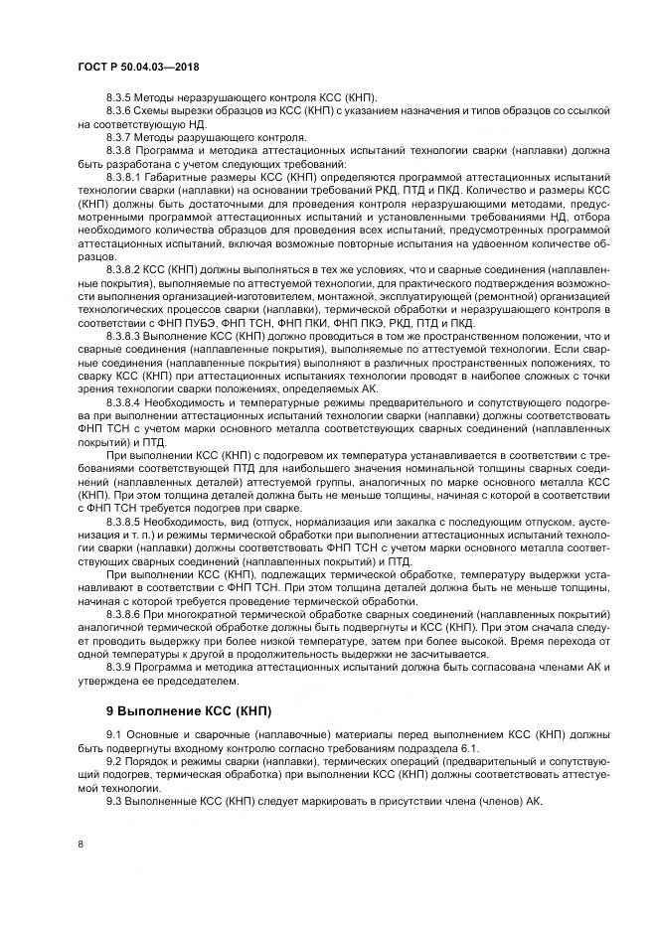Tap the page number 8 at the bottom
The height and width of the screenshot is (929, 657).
click(x=81, y=844)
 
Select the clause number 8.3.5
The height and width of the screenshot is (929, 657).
click(x=118, y=97)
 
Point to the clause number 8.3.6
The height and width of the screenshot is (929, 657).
click(x=118, y=113)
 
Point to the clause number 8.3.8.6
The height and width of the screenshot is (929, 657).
click(x=123, y=616)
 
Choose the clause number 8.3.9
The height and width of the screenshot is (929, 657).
click(x=118, y=669)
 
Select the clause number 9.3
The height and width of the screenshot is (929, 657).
click(x=112, y=802)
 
